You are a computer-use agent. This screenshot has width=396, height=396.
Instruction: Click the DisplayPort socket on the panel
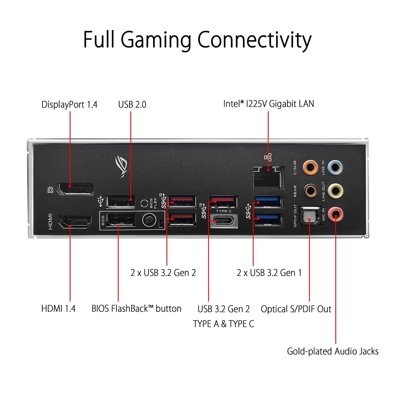click(x=76, y=188)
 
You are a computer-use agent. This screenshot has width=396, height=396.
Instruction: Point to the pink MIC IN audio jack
click(x=335, y=214)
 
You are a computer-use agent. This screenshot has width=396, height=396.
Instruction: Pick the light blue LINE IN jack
click(x=335, y=167)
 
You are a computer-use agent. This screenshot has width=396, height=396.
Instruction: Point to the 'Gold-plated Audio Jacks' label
click(x=333, y=351)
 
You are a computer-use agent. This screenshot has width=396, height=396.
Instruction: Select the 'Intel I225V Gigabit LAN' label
click(x=268, y=104)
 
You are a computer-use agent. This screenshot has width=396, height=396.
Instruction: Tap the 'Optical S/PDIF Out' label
click(x=296, y=309)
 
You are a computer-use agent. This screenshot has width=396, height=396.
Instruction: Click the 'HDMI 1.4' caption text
click(x=58, y=309)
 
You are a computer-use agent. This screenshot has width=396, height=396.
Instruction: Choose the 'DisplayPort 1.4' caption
click(x=69, y=105)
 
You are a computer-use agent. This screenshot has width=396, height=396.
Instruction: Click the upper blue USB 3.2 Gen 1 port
click(x=268, y=202)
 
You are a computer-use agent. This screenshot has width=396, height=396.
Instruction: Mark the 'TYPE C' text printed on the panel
click(x=224, y=211)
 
